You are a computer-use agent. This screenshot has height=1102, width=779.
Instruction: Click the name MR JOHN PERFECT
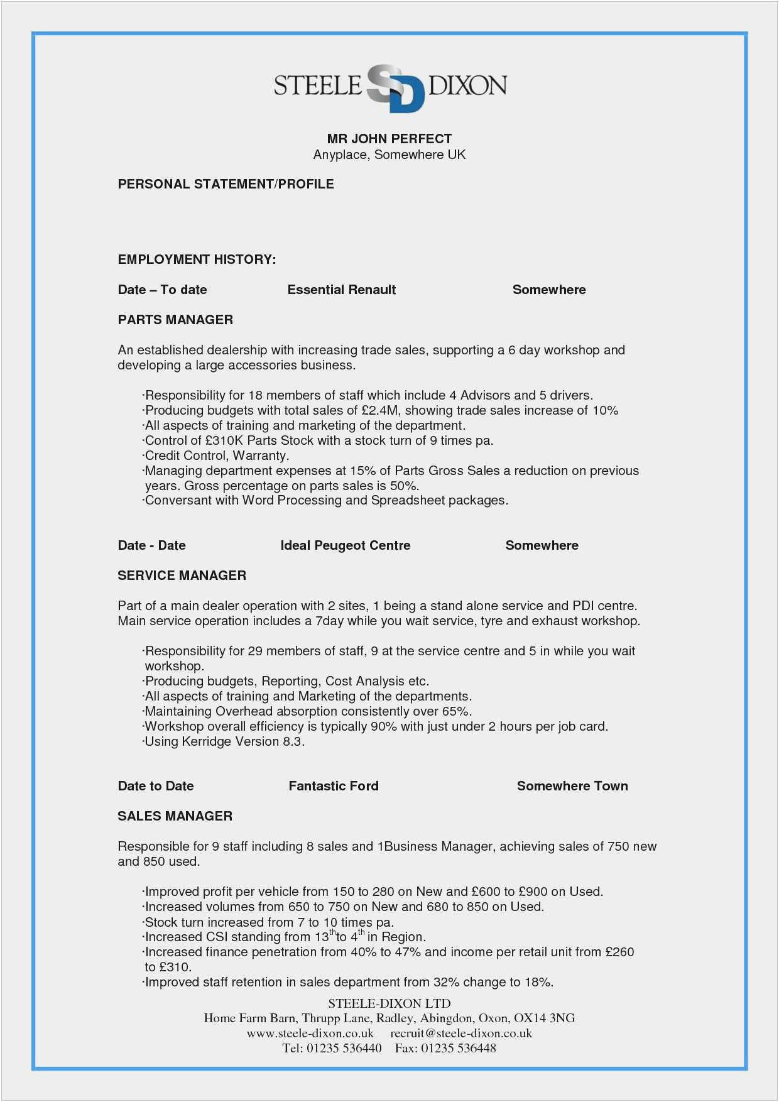click(x=389, y=139)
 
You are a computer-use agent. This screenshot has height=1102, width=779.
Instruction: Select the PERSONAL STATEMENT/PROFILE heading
click(x=226, y=184)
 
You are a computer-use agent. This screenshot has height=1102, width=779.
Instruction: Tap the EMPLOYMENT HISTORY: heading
click(x=197, y=259)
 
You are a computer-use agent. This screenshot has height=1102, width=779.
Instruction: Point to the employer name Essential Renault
click(x=342, y=290)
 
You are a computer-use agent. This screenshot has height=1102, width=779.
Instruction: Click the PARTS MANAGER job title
click(x=175, y=320)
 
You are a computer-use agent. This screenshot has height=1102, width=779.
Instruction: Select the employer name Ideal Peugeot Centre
click(x=346, y=545)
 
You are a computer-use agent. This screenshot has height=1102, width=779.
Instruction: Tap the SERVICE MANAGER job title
click(x=182, y=576)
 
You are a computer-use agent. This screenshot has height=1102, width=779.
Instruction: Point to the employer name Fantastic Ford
click(x=334, y=786)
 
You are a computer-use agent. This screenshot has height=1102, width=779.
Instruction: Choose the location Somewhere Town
click(x=572, y=786)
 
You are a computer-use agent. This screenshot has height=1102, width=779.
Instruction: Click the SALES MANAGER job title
click(x=175, y=816)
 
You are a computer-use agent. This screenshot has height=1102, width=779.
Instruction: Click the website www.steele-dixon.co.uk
click(x=310, y=1033)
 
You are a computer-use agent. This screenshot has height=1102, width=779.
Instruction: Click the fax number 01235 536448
click(x=459, y=1048)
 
